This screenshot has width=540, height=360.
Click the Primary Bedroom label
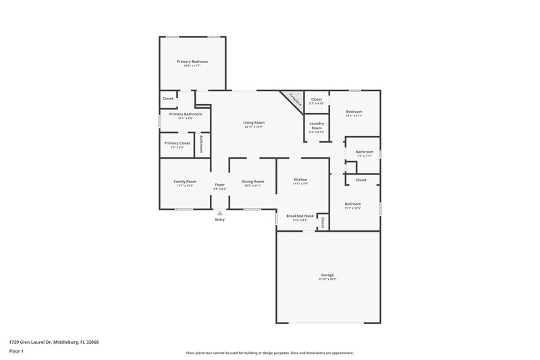point(192,61)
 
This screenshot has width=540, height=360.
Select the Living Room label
point(254,122)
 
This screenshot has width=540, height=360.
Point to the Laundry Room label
point(317,126)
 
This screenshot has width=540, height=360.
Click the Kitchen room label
point(300,180)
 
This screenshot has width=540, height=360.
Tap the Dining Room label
point(253,181)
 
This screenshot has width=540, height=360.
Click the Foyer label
point(219,184)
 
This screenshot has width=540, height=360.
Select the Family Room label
point(185,181)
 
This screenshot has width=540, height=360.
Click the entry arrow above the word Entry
point(219,213)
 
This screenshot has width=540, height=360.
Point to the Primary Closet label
point(178,143)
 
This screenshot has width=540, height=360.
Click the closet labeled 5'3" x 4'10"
point(316,99)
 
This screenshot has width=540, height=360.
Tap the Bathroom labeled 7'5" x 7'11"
point(364,152)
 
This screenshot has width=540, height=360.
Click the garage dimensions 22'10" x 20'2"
point(327,279)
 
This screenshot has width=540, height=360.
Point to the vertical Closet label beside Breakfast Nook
point(323,222)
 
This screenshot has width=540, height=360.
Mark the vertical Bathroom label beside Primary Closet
point(202,144)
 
